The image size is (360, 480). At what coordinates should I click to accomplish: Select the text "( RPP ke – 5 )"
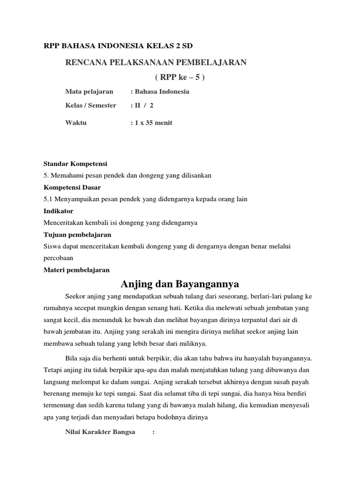pyautogui.click(x=180, y=77)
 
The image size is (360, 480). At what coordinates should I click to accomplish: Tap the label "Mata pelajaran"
pyautogui.click(x=89, y=91)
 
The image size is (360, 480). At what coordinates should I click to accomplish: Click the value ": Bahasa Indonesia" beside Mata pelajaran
pyautogui.click(x=160, y=91)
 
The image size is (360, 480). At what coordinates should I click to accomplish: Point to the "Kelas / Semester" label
pyautogui.click(x=91, y=105)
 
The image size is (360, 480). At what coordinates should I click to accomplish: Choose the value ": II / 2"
pyautogui.click(x=142, y=105)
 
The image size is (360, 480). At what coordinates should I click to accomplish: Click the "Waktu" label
pyautogui.click(x=76, y=123)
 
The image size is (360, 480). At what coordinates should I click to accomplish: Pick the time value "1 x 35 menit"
pyautogui.click(x=153, y=123)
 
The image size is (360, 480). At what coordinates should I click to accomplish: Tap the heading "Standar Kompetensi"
pyautogui.click(x=75, y=164)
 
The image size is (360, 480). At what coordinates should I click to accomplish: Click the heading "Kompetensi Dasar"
pyautogui.click(x=73, y=187)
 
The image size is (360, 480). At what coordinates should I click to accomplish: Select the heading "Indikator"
pyautogui.click(x=59, y=211)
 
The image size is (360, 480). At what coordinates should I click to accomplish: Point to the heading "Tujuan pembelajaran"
pyautogui.click(x=77, y=234)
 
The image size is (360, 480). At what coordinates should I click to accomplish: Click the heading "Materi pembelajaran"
pyautogui.click(x=76, y=270)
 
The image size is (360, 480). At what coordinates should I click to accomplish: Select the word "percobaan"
pyautogui.click(x=59, y=258)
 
